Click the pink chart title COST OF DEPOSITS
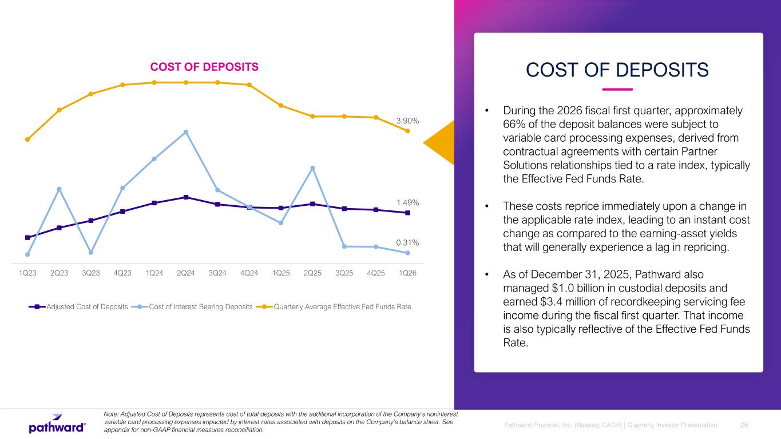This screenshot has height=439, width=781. pyautogui.click(x=204, y=67)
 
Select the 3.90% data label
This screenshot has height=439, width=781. pyautogui.click(x=407, y=121)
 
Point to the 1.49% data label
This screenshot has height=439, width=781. pyautogui.click(x=407, y=202)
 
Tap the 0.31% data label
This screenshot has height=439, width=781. pyautogui.click(x=407, y=243)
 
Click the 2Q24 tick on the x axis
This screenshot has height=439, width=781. pyautogui.click(x=185, y=273)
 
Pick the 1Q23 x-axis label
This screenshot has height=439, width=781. pyautogui.click(x=27, y=273)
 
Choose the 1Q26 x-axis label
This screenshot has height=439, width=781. pyautogui.click(x=407, y=273)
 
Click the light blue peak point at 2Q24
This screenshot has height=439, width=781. pyautogui.click(x=186, y=132)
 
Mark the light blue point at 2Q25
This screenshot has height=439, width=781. pyautogui.click(x=312, y=168)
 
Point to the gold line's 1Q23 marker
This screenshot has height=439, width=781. pyautogui.click(x=27, y=139)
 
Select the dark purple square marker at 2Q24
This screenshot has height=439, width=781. pyautogui.click(x=186, y=197)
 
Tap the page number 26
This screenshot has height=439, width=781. pyautogui.click(x=744, y=425)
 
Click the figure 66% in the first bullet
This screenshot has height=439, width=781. pyautogui.click(x=513, y=124)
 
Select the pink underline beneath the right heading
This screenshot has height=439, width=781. pyautogui.click(x=617, y=89)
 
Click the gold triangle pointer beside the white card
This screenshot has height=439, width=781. pyautogui.click(x=442, y=142)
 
